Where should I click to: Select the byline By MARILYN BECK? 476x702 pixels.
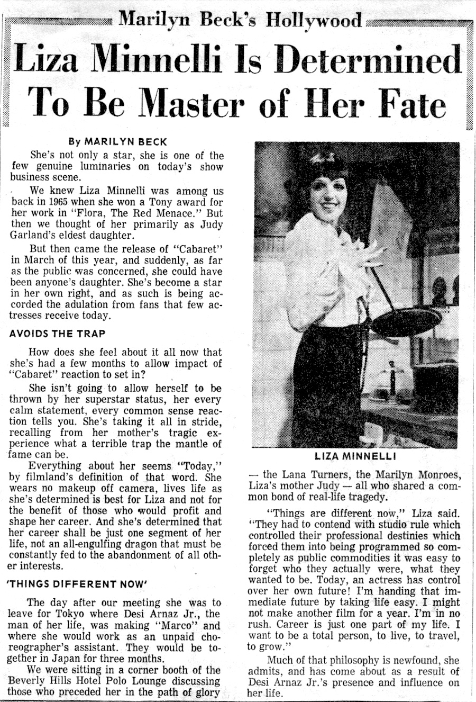click(x=118, y=142)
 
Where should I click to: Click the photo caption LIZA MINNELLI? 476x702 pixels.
click(x=356, y=456)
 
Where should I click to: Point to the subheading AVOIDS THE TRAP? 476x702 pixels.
click(x=58, y=334)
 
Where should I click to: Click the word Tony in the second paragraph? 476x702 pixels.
click(x=161, y=203)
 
